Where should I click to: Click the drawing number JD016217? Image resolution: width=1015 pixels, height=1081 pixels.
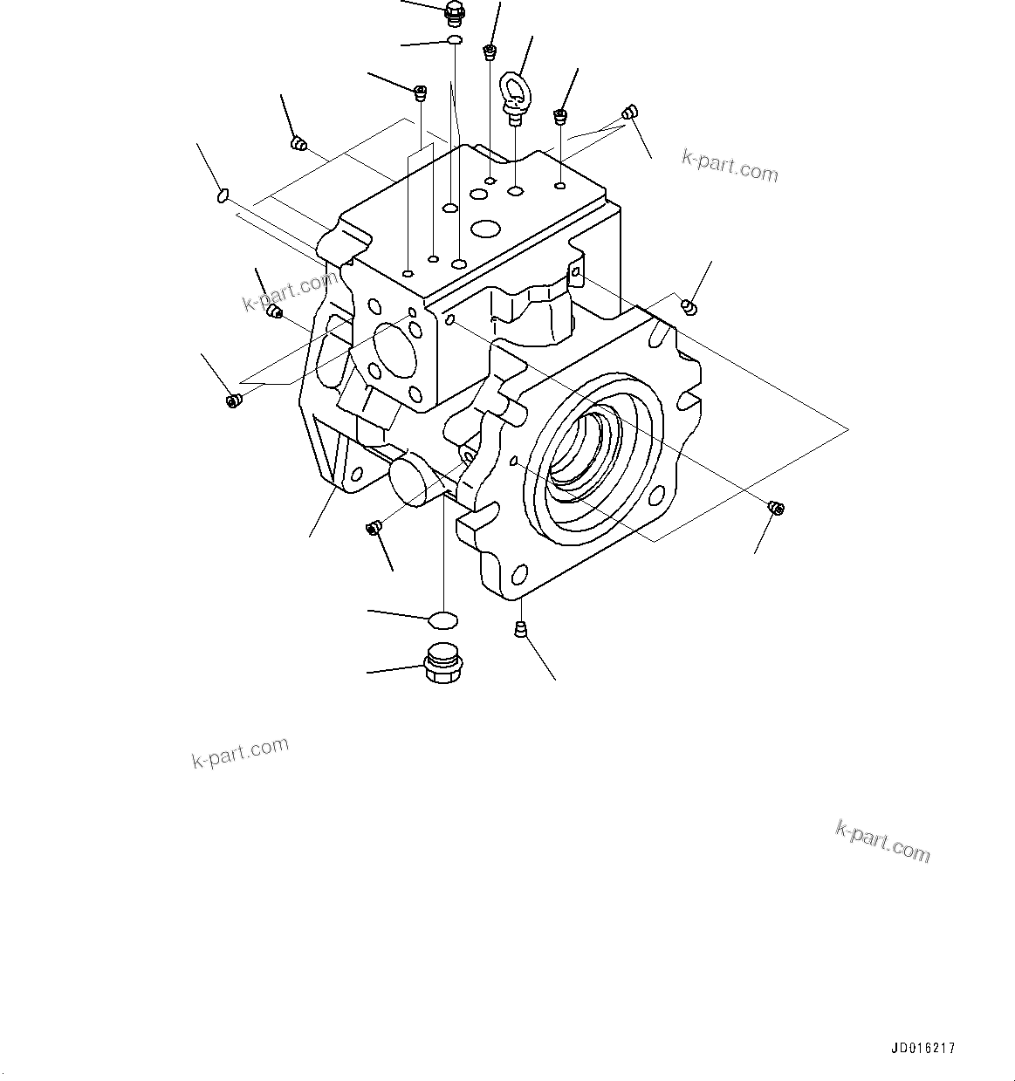click(923, 1048)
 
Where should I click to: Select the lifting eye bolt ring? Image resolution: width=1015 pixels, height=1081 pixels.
click(511, 89)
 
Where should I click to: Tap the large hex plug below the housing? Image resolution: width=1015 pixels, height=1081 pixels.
click(442, 665)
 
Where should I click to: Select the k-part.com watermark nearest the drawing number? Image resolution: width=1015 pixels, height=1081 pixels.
click(882, 841)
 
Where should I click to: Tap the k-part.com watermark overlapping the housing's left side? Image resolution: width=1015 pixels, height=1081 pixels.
click(289, 291)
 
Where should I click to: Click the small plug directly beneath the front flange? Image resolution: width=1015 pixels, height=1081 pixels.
click(520, 629)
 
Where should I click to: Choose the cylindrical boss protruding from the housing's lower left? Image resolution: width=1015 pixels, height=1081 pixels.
click(411, 481)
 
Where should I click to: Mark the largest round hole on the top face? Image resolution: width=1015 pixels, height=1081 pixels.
click(484, 230)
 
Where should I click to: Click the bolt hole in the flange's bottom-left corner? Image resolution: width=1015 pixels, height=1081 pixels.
click(518, 576)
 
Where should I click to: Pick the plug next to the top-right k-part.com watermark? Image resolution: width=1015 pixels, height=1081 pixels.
click(630, 112)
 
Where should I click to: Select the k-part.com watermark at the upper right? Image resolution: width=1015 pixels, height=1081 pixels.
click(730, 166)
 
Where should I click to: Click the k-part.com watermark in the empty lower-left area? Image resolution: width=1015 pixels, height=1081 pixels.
click(240, 752)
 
